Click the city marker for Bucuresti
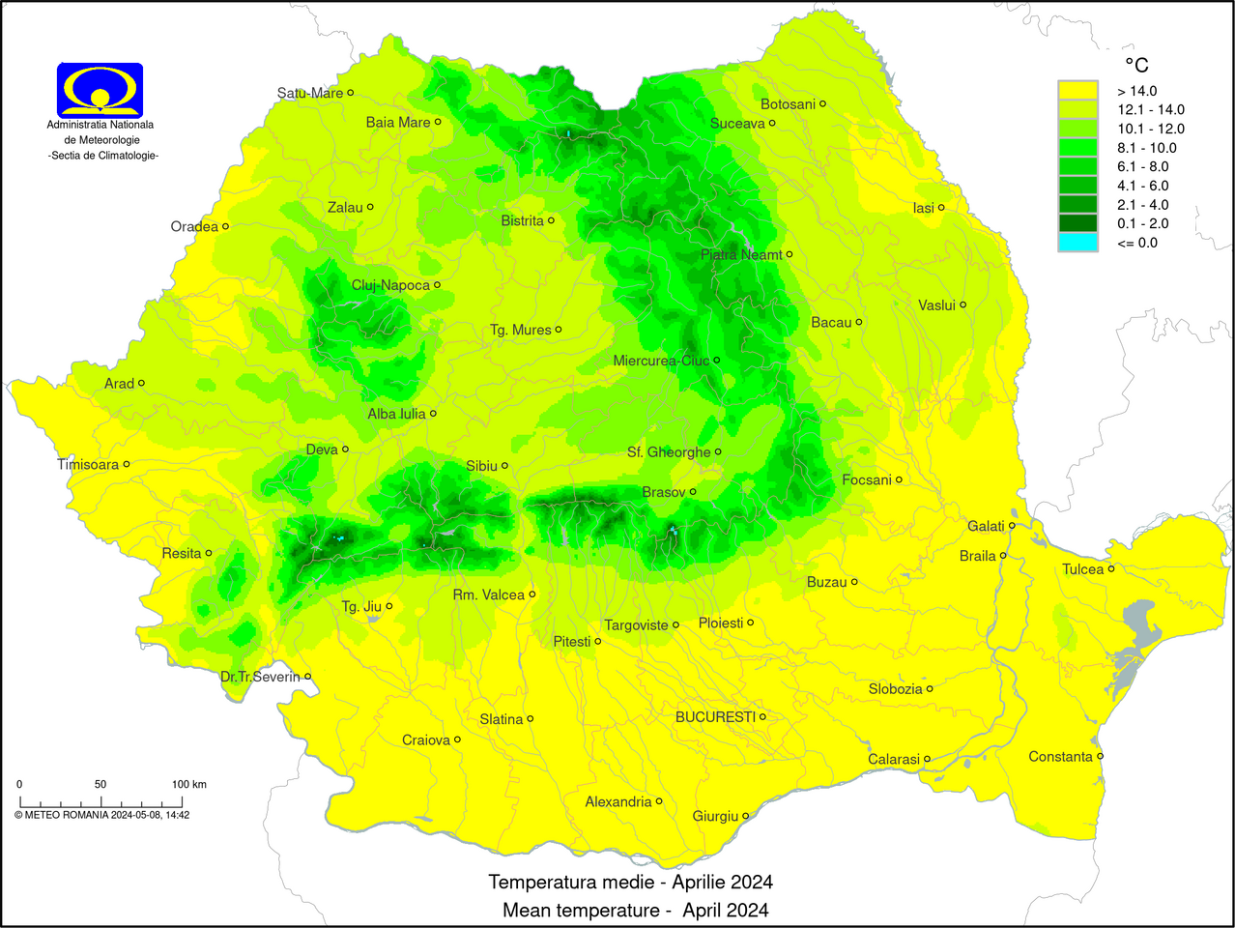click(762, 716)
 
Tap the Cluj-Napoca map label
click(390, 285)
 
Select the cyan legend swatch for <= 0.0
click(1077, 243)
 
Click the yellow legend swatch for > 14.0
click(1077, 91)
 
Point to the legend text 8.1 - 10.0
click(1147, 148)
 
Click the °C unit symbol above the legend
click(1136, 65)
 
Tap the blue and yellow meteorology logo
click(100, 90)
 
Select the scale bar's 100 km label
click(188, 784)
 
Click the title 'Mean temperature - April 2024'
click(635, 910)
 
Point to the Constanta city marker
click(1100, 756)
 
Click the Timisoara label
click(88, 465)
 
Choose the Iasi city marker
click(940, 207)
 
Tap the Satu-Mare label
click(309, 94)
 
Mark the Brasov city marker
click(693, 492)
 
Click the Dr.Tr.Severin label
click(260, 677)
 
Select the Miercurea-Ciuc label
click(661, 361)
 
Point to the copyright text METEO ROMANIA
click(101, 815)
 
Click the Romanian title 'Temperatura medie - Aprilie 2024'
click(630, 882)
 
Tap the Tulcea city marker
click(1111, 568)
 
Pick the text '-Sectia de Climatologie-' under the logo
click(103, 156)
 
